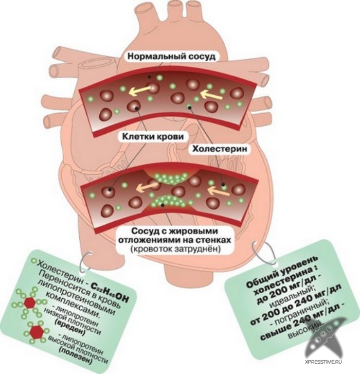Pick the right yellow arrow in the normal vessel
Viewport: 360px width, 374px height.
click(210, 94)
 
